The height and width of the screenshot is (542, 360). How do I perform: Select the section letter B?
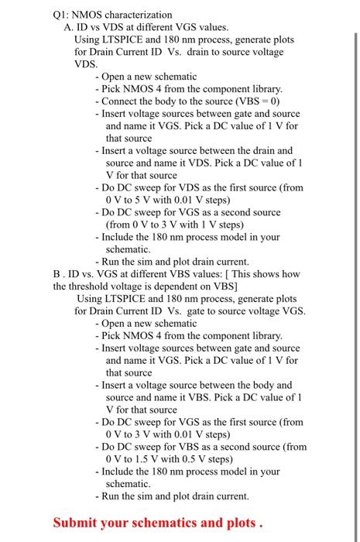pyautogui.click(x=57, y=273)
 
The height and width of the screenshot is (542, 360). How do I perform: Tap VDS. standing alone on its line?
pyautogui.click(x=87, y=64)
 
